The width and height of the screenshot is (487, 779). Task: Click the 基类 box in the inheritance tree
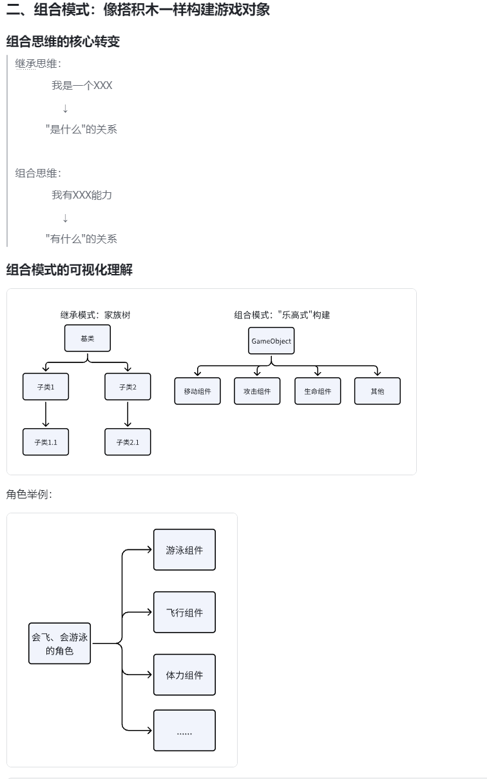(88, 338)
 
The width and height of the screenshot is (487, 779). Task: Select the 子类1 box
(46, 387)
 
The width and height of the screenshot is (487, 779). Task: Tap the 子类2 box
(128, 387)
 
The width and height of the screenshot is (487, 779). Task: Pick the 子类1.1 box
(46, 442)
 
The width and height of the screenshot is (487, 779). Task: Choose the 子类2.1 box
(128, 442)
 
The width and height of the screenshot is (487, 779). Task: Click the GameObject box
(271, 341)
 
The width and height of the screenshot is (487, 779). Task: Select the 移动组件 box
(197, 391)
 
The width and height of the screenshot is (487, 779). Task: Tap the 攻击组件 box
(257, 391)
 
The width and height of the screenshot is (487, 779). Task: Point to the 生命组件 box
(318, 391)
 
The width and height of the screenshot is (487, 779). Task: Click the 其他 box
(377, 391)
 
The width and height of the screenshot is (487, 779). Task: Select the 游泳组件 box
(184, 550)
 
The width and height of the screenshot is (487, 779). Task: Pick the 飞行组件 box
(184, 613)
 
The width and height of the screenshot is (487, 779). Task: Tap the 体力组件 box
(184, 675)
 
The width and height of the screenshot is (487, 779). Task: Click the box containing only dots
(184, 731)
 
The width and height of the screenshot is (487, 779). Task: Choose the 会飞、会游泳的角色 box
(60, 644)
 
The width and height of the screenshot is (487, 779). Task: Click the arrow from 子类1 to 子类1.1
(46, 414)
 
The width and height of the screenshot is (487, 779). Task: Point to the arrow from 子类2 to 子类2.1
(128, 414)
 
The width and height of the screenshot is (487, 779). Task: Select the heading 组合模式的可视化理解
(70, 270)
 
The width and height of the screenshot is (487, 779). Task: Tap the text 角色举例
(29, 495)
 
